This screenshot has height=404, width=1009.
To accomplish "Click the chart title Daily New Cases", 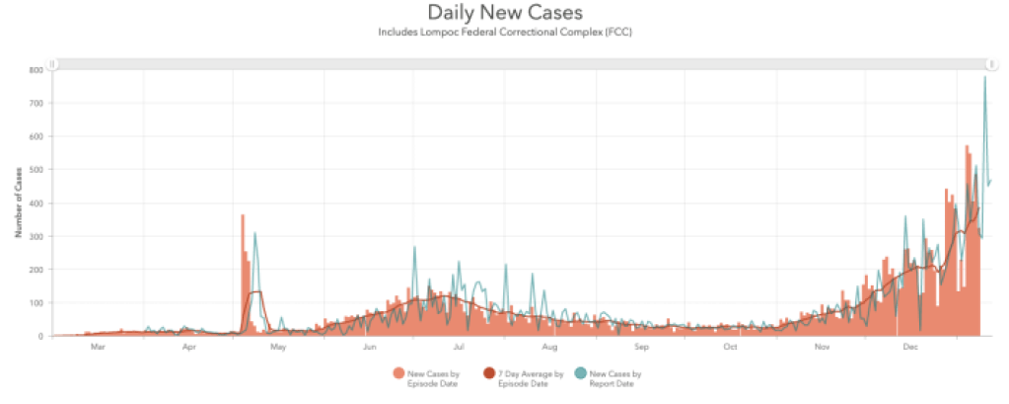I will pyautogui.click(x=504, y=13).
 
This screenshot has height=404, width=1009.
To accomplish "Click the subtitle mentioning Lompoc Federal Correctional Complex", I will pyautogui.click(x=504, y=32).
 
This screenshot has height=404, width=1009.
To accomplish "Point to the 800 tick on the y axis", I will pyautogui.click(x=35, y=70).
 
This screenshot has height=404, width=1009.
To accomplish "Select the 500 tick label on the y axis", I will pyautogui.click(x=35, y=170).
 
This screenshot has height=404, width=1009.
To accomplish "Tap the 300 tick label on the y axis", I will pyautogui.click(x=35, y=236).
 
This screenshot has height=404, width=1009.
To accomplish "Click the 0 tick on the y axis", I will pyautogui.click(x=40, y=336).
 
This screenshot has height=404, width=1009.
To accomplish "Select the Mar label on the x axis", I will pyautogui.click(x=98, y=347).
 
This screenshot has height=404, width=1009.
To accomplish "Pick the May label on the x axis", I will pyautogui.click(x=278, y=347).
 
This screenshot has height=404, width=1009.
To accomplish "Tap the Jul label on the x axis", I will pyautogui.click(x=460, y=347).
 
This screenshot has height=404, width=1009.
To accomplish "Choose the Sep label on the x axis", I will pyautogui.click(x=641, y=347).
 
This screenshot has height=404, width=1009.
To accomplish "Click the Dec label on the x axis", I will pyautogui.click(x=912, y=347).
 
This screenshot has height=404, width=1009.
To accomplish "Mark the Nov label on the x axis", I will pyautogui.click(x=822, y=347).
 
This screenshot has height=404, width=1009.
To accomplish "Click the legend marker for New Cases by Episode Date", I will pyautogui.click(x=399, y=372).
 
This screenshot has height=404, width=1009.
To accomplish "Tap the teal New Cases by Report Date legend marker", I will pyautogui.click(x=580, y=372).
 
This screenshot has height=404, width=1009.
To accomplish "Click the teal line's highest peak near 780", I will pyautogui.click(x=984, y=77).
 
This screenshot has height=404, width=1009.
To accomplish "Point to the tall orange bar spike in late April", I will pyautogui.click(x=243, y=217).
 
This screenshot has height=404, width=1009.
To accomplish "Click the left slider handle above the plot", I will pyautogui.click(x=55, y=64).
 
